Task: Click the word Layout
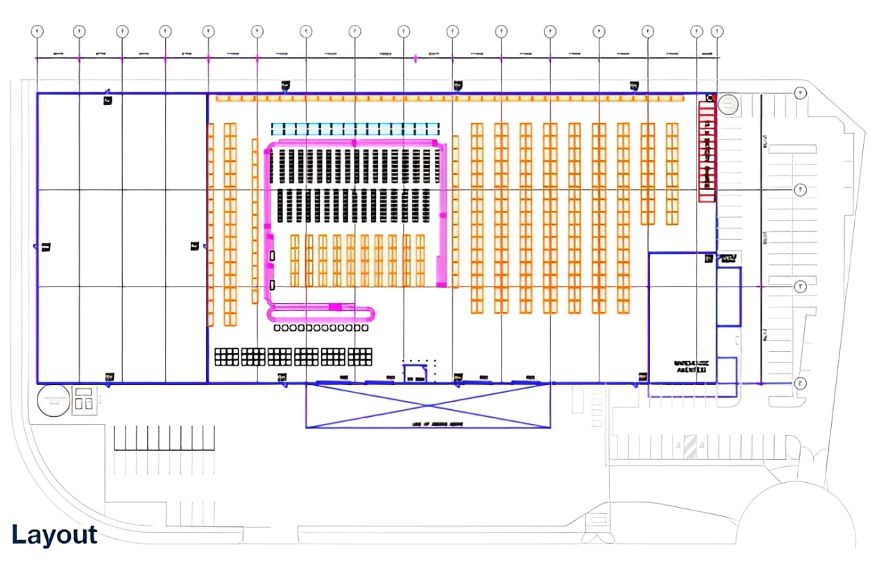[54, 535]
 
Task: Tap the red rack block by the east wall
[706, 152]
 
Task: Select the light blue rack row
[355, 129]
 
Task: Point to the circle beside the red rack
[728, 105]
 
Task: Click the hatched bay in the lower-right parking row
[690, 446]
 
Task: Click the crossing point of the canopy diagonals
[428, 405]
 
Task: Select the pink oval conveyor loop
[321, 312]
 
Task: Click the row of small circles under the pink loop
[321, 327]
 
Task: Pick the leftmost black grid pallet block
[226, 357]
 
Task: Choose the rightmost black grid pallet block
[360, 357]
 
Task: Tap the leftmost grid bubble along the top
[37, 31]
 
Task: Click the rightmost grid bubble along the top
[717, 31]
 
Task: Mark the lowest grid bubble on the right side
[801, 383]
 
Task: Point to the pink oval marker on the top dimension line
[416, 58]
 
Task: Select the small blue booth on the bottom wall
[416, 373]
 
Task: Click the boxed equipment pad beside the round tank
[83, 400]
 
